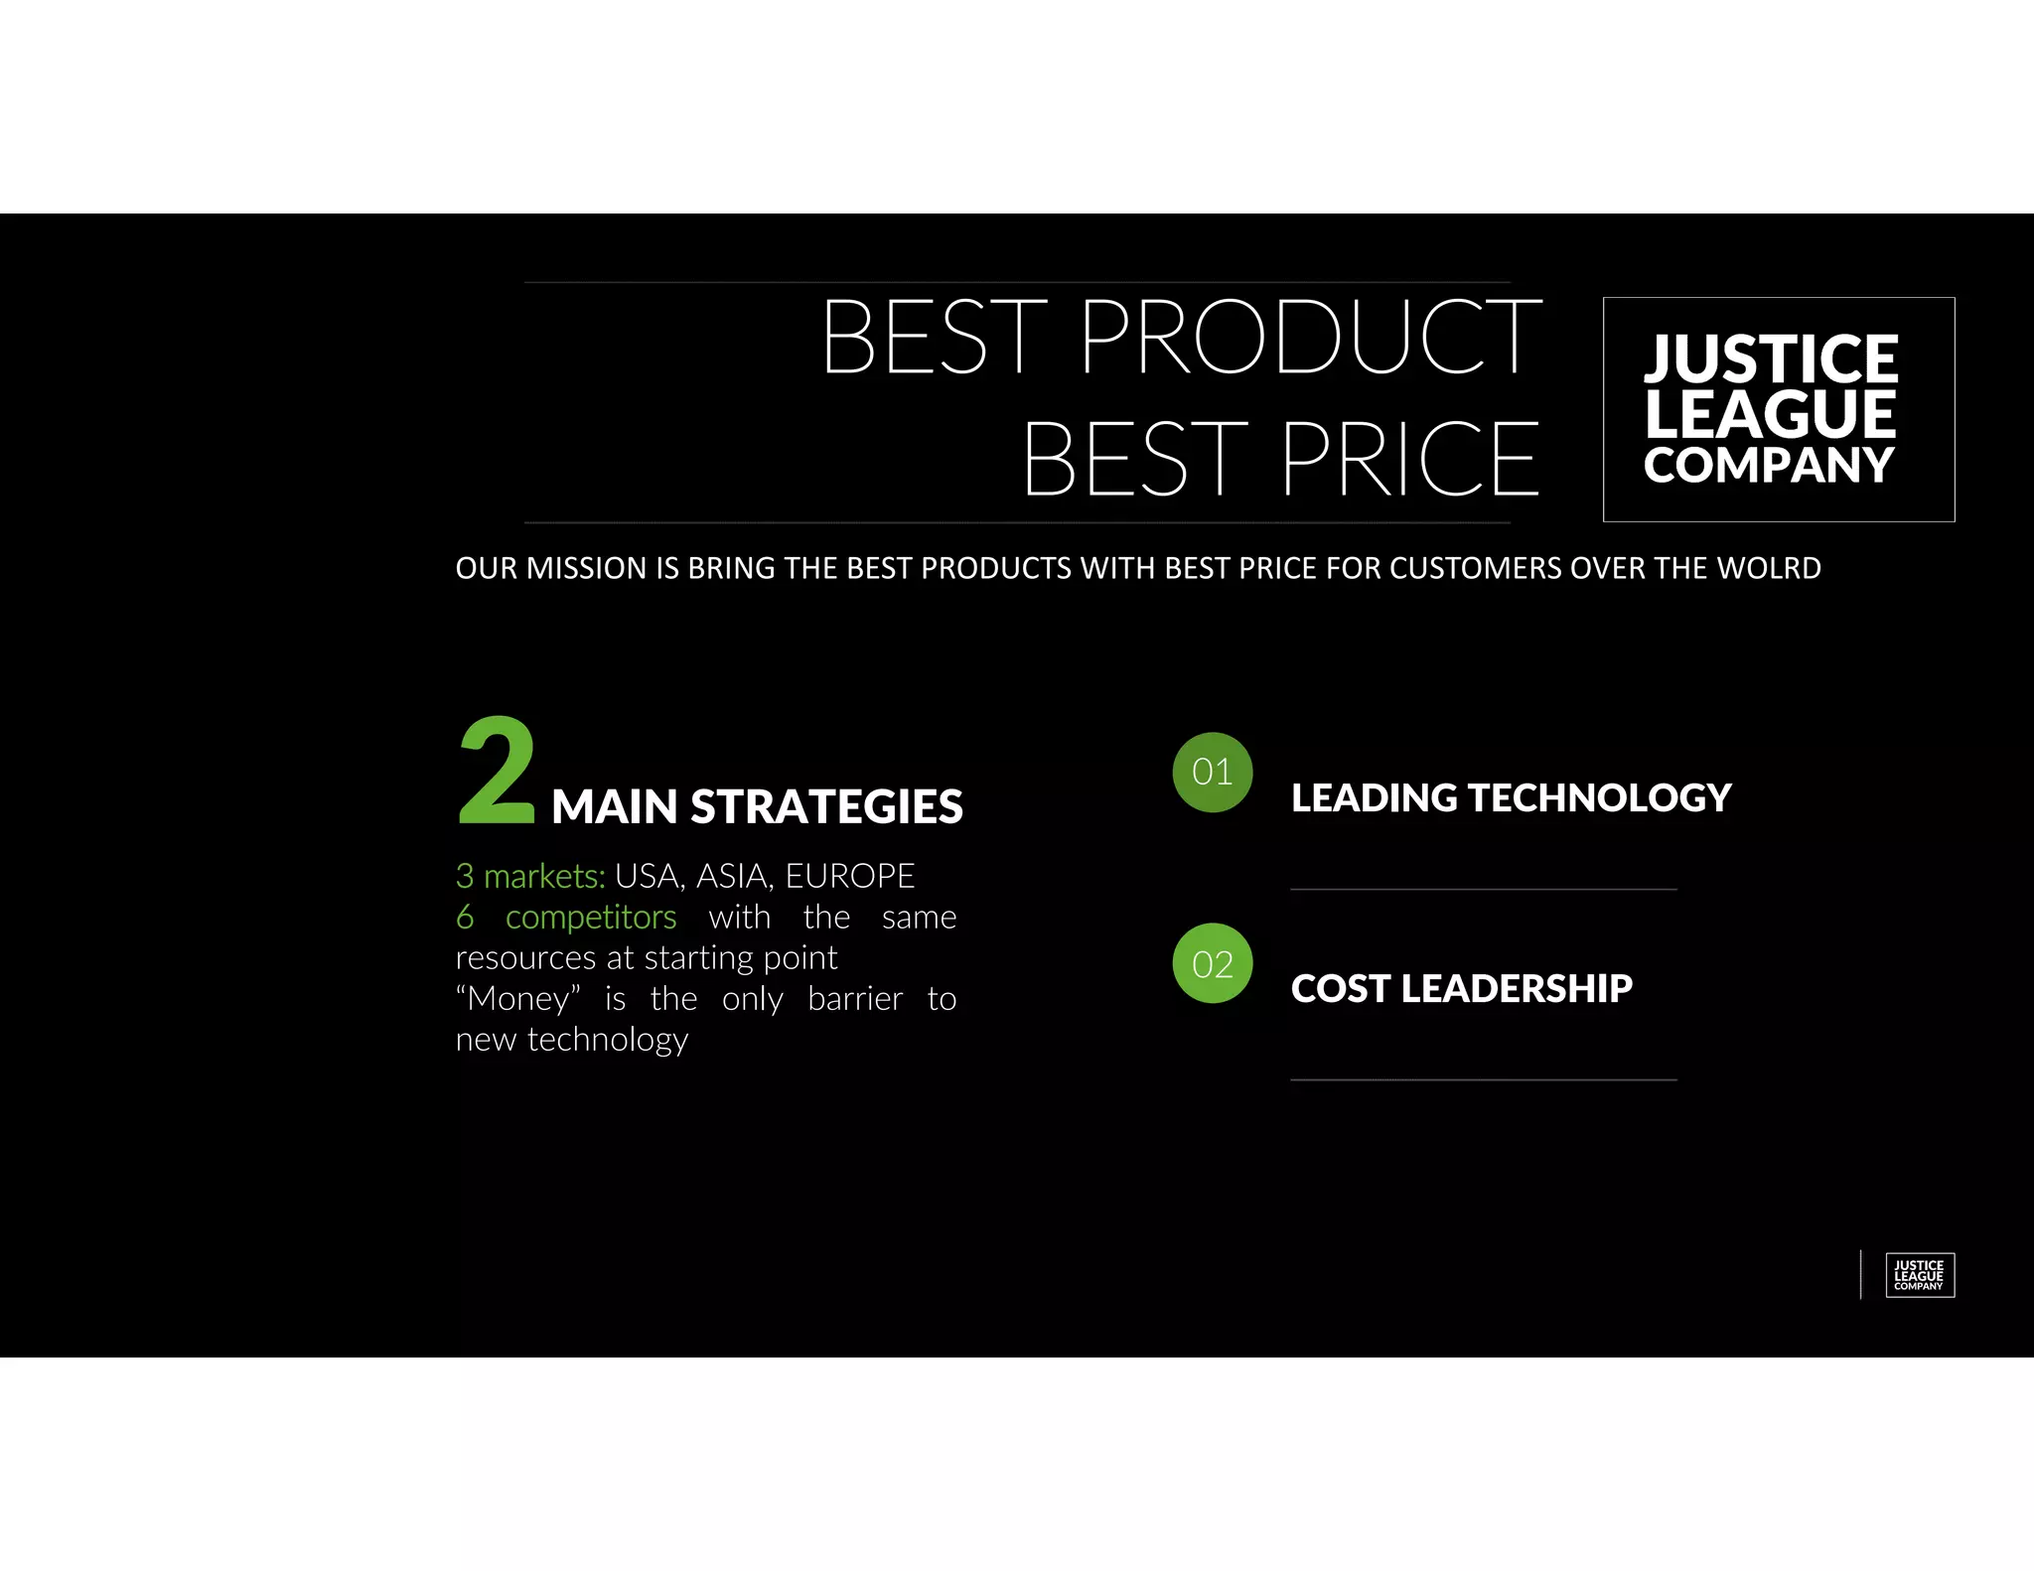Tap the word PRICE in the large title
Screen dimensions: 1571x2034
[x=1409, y=459]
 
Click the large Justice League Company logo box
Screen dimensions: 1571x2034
[x=1778, y=409]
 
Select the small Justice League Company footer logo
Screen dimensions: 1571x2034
[x=1919, y=1275]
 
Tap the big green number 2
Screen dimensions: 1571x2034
[x=497, y=773]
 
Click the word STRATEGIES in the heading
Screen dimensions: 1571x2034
[x=826, y=806]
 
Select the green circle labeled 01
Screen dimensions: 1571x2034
[x=1213, y=773]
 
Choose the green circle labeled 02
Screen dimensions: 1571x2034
[x=1213, y=963]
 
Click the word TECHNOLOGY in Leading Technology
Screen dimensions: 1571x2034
[x=1599, y=798]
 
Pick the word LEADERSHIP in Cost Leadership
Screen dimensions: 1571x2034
[x=1517, y=989]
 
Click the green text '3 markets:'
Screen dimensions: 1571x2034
[x=530, y=876]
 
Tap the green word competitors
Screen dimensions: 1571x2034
[x=591, y=917]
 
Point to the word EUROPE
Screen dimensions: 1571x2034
[x=850, y=876]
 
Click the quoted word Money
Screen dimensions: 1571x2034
[x=518, y=998]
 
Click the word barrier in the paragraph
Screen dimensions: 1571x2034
[x=855, y=998]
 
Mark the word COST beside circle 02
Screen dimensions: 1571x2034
[x=1341, y=989]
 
